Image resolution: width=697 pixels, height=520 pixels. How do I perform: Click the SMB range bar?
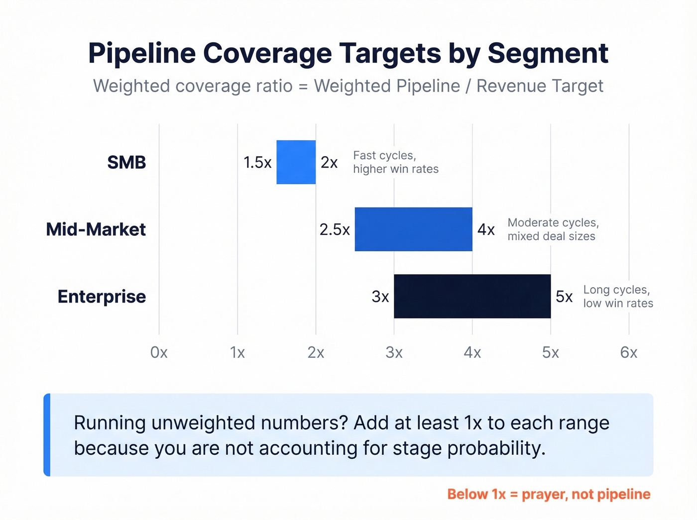point(296,162)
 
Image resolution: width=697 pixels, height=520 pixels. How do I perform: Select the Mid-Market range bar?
point(413,229)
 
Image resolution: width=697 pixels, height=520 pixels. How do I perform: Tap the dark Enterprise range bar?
point(472,296)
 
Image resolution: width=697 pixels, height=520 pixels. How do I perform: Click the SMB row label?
point(126,162)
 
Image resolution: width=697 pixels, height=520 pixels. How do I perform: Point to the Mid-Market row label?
point(96,229)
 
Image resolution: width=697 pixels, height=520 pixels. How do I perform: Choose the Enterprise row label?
point(102,297)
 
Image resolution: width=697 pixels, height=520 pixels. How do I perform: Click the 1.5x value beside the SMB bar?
point(257,162)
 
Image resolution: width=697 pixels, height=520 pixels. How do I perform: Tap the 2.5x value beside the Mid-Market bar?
point(335,229)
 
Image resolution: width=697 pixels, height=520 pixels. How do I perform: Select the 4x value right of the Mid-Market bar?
point(486,229)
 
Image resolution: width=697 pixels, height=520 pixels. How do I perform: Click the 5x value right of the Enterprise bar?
point(564,297)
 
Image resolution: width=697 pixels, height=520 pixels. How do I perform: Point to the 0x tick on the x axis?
point(159,352)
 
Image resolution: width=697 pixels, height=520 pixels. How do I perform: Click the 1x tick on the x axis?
point(237,352)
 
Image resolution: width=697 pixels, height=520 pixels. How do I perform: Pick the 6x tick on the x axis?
point(629,352)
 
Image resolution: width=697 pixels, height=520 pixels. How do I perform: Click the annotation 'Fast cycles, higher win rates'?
point(395,162)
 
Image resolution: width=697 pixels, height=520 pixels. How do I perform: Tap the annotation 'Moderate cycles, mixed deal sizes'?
point(553,229)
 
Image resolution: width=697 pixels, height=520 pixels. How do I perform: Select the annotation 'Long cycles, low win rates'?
point(618,297)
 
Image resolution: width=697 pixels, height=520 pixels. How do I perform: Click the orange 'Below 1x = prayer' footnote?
point(548,494)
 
